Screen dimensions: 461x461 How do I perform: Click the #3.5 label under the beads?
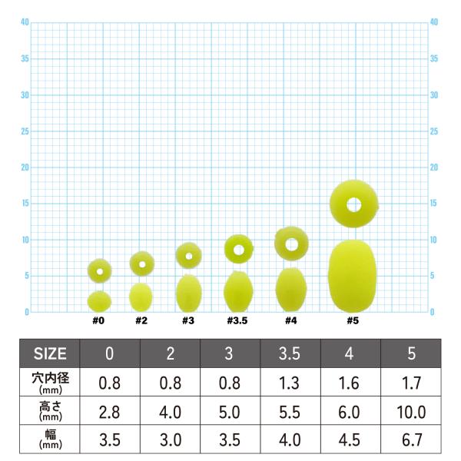click(237, 320)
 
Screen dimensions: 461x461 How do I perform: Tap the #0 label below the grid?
click(98, 320)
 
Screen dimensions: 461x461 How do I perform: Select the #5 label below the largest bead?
click(353, 320)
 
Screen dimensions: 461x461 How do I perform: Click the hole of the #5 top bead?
click(353, 204)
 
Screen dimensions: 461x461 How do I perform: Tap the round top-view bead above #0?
click(99, 270)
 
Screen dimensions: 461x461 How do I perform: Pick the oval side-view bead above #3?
click(189, 293)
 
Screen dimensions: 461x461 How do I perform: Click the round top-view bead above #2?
click(142, 264)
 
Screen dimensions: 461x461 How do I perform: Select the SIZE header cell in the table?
click(50, 354)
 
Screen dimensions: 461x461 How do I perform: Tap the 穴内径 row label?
click(50, 382)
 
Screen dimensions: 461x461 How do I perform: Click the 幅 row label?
click(50, 441)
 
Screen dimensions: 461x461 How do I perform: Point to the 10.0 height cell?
click(412, 412)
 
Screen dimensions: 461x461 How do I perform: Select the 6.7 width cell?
click(412, 441)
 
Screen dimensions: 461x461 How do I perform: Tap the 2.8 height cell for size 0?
click(110, 412)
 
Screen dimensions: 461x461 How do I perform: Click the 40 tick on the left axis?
click(25, 22)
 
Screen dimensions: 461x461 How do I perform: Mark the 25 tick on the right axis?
click(435, 131)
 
